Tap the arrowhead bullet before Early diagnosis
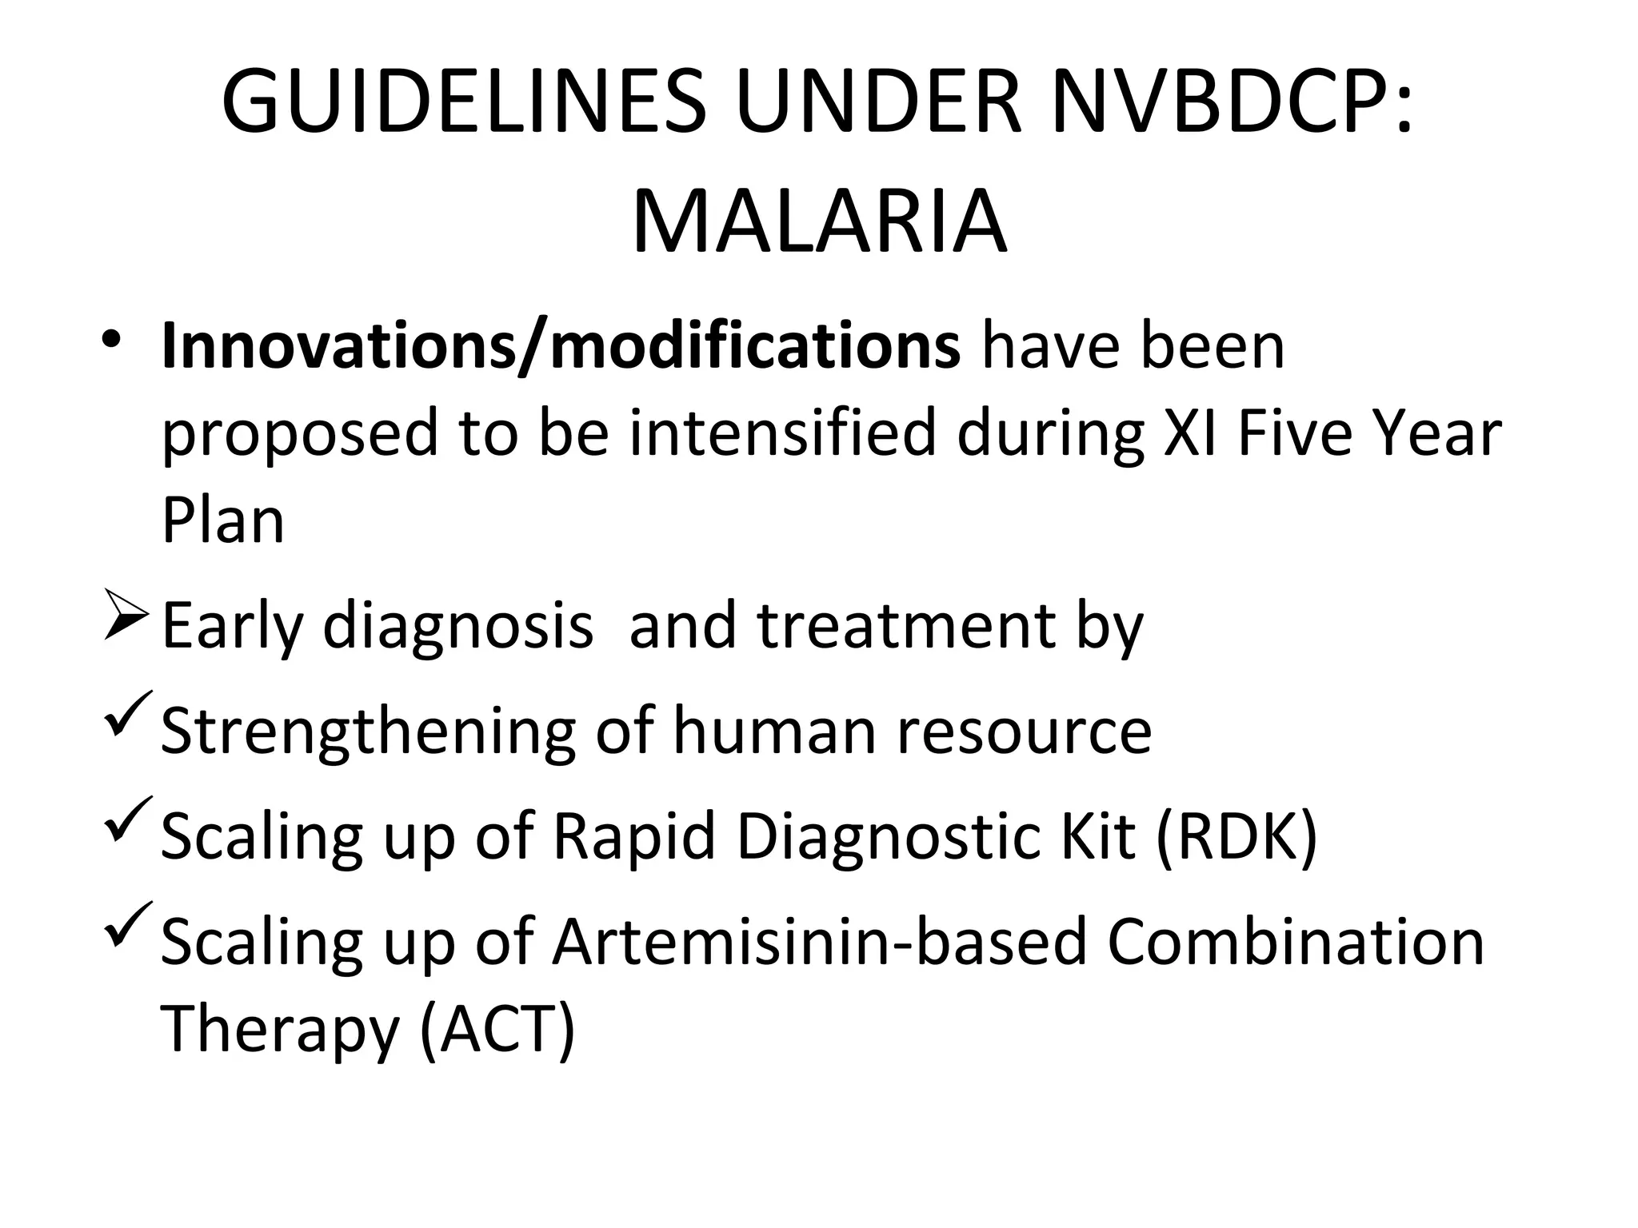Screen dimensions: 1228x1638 click(126, 623)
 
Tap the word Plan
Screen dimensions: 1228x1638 click(222, 520)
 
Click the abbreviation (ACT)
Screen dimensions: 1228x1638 click(497, 1031)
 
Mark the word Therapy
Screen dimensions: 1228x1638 click(279, 1031)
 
